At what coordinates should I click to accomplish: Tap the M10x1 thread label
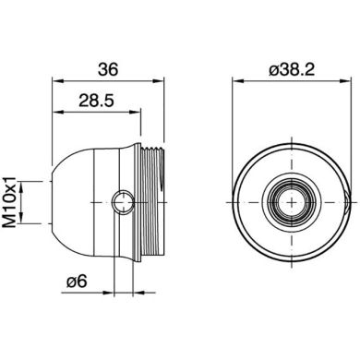click(x=13, y=203)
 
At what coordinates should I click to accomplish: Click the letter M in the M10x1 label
click(x=13, y=225)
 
